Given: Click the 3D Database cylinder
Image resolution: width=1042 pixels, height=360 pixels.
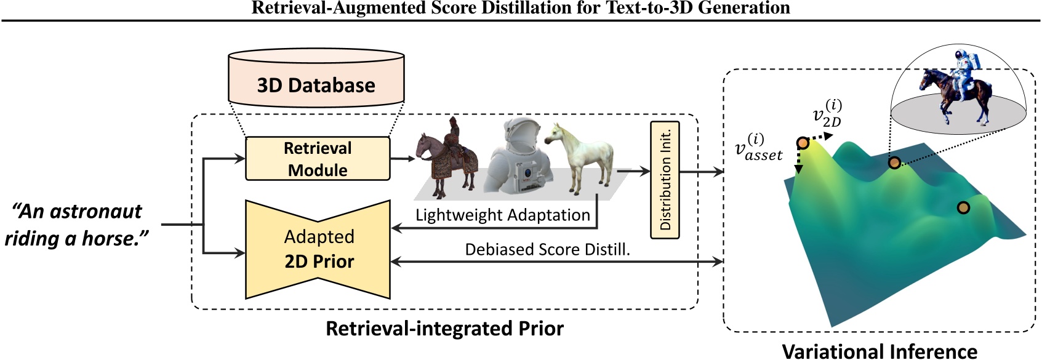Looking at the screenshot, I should click(316, 79).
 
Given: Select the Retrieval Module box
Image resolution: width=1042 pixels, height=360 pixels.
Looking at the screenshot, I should click(318, 159).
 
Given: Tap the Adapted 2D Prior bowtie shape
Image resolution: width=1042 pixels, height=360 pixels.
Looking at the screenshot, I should click(318, 249).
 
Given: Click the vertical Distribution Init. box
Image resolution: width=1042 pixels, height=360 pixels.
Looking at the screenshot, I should click(665, 180).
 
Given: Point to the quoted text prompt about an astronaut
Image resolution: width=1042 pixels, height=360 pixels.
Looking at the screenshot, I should click(78, 225).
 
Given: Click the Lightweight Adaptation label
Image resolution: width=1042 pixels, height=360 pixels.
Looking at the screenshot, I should click(502, 215).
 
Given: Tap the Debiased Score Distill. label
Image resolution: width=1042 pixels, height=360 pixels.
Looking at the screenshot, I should click(547, 249).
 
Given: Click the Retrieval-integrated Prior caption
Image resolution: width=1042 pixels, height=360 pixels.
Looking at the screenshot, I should click(444, 328).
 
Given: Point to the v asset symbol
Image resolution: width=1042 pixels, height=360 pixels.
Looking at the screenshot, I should click(758, 148).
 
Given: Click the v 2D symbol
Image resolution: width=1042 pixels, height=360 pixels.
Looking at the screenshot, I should click(827, 114).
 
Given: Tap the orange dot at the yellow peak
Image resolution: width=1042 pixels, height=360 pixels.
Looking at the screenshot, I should click(803, 143).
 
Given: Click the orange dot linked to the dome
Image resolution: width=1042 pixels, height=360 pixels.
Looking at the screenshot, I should click(894, 162).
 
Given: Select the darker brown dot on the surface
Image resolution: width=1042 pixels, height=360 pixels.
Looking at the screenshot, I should click(963, 208).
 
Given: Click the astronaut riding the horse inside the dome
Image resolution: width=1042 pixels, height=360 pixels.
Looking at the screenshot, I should click(952, 86).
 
